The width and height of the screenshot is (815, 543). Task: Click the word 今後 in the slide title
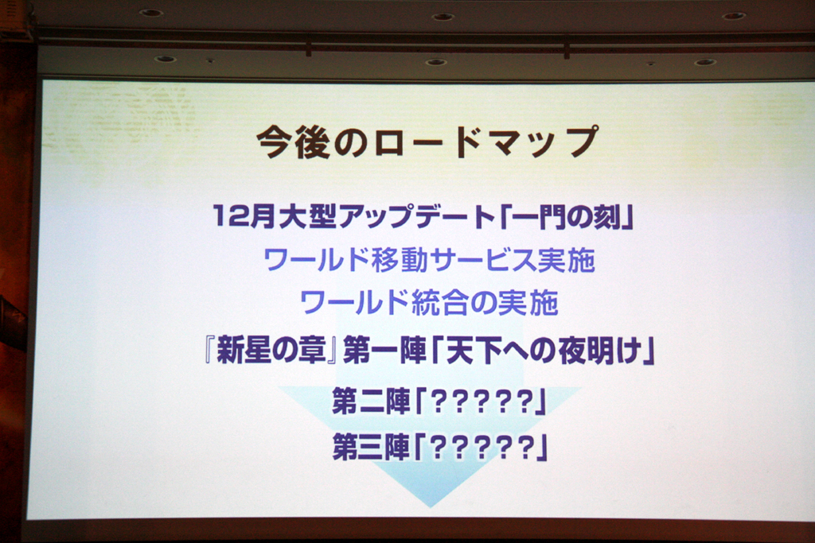[294, 142]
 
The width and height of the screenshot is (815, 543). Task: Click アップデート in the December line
[416, 215]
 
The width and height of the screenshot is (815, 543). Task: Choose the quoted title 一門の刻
[566, 215]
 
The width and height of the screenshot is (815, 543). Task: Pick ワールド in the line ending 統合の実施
[354, 303]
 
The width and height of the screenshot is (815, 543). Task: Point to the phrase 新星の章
[271, 351]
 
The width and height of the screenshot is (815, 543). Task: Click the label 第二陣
[371, 401]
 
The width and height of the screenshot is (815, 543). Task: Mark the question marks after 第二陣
[483, 401]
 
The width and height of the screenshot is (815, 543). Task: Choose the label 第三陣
[371, 448]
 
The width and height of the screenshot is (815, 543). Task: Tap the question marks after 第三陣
[483, 448]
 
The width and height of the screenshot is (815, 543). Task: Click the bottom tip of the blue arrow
[431, 507]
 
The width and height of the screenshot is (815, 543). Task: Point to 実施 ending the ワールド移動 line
[566, 259]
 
